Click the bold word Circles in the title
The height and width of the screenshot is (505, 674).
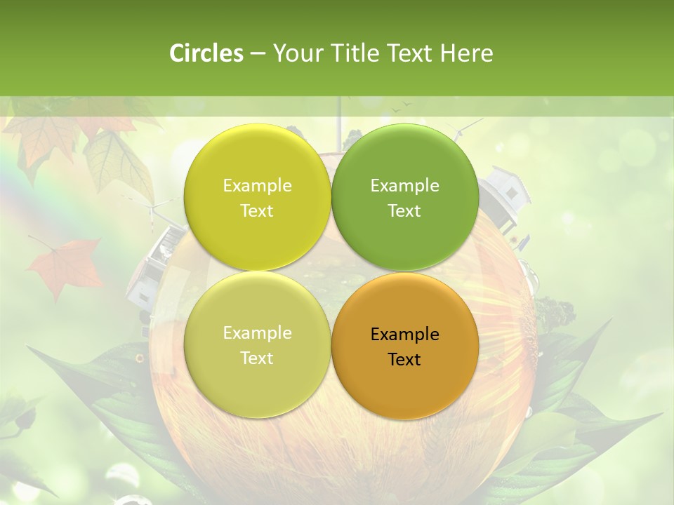206,53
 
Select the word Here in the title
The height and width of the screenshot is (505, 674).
466,53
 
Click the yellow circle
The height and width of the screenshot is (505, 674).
257,197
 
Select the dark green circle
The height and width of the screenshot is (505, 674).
404,197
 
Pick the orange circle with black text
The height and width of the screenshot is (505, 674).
404,346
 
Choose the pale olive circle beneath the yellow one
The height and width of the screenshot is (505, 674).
257,345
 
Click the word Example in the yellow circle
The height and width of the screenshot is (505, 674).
257,185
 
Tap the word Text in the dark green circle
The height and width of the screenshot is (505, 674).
404,210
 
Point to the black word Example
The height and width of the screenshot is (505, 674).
404,334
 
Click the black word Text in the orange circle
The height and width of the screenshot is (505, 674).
404,359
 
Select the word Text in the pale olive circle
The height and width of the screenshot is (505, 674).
257,358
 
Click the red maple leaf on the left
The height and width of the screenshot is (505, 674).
66,267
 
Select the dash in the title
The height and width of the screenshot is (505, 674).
257,53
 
